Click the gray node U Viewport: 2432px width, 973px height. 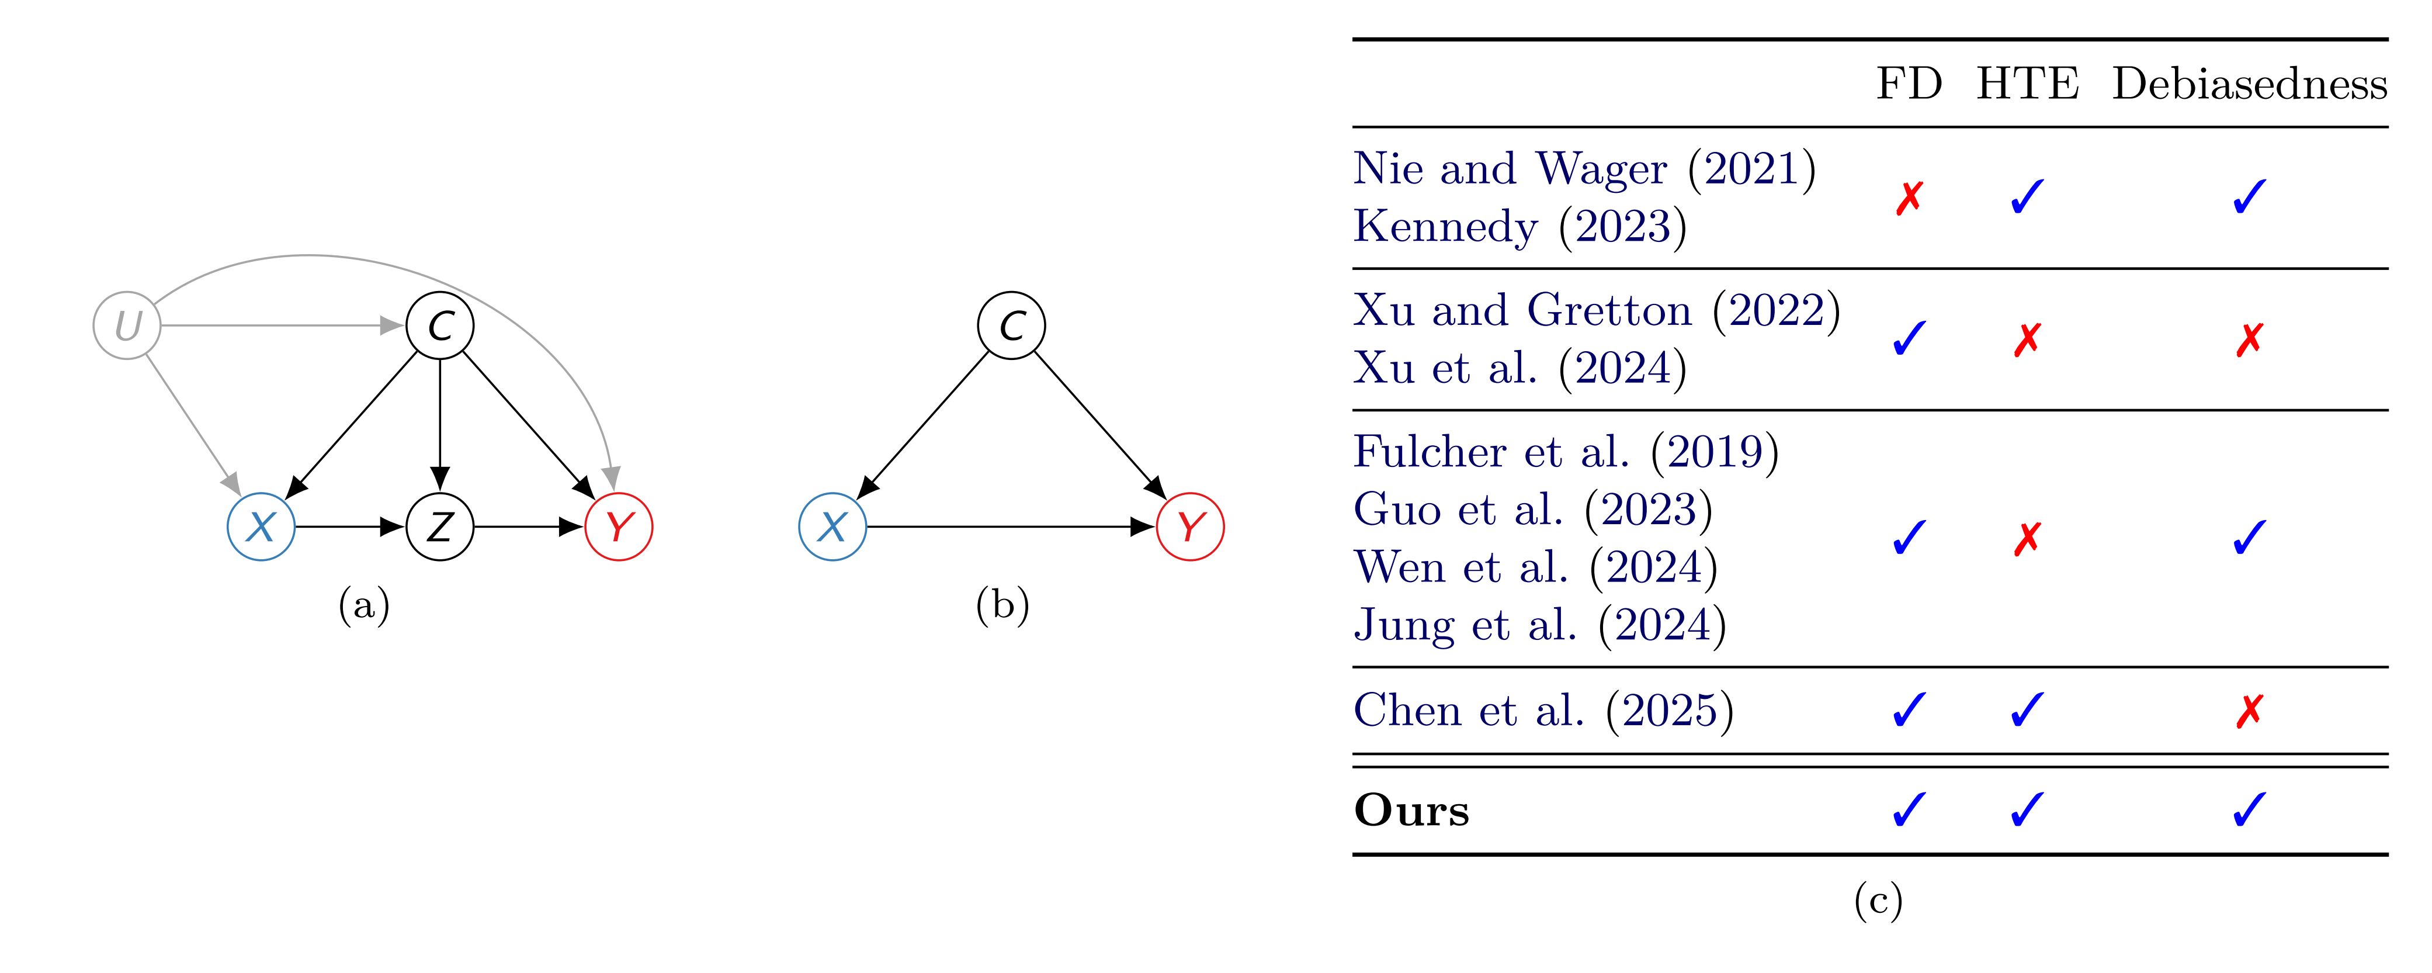coord(127,326)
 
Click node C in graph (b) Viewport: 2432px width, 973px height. coord(1011,326)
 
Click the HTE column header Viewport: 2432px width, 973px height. coord(2027,85)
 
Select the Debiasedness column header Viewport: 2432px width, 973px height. coord(2249,85)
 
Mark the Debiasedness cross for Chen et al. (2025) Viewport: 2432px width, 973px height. coord(2249,711)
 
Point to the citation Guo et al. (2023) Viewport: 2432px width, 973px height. coord(1532,510)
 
